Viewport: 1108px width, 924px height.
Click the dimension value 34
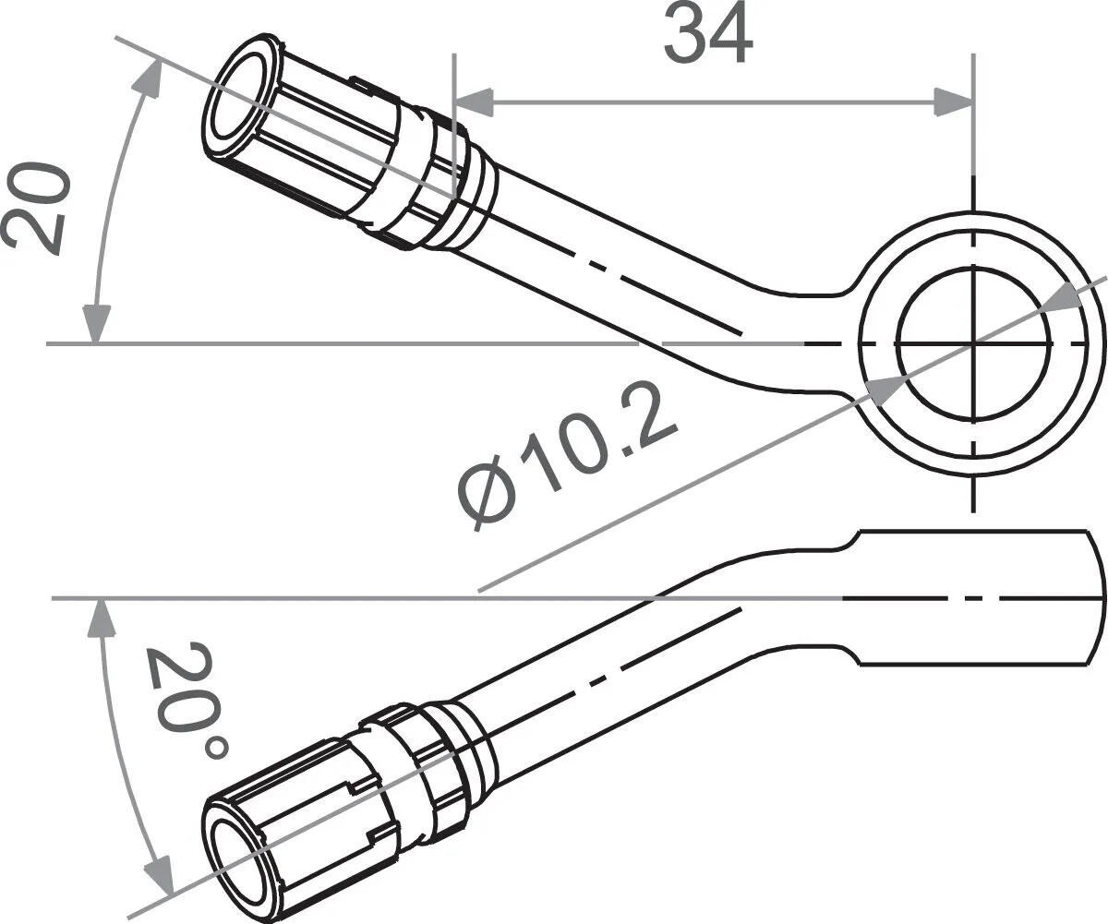pos(708,34)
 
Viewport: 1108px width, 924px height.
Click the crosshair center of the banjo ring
pos(973,343)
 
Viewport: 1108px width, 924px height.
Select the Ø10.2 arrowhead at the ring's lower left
pos(882,390)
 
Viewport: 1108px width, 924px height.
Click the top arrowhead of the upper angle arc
pos(147,78)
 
